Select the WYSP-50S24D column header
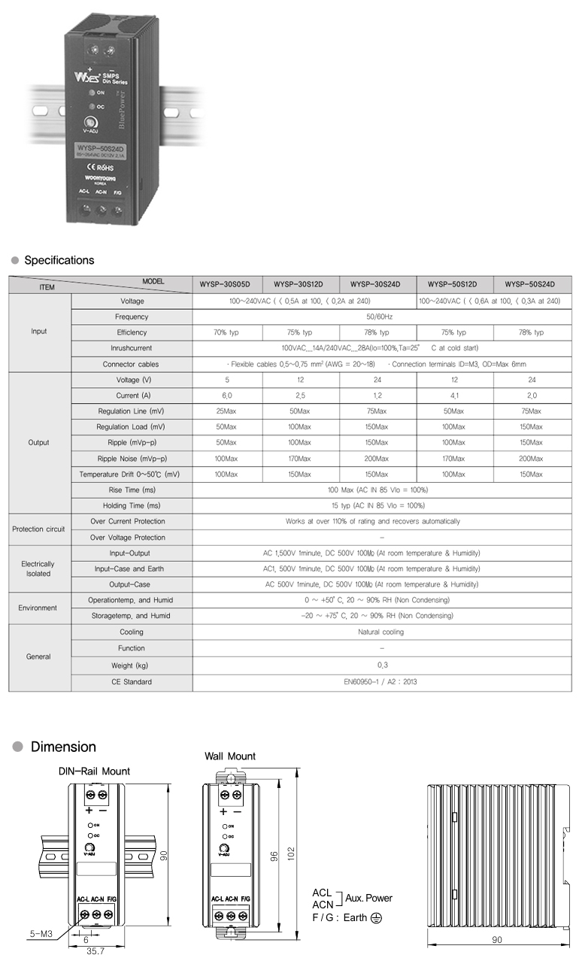point(530,285)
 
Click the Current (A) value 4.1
point(453,396)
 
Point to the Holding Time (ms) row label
point(132,506)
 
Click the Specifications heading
point(59,260)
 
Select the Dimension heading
point(63,747)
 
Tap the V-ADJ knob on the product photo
point(90,123)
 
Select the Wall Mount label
point(230,756)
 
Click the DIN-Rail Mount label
point(94,771)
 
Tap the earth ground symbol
point(376,918)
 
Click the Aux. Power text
point(368,898)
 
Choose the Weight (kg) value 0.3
point(381,665)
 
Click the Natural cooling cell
point(381,632)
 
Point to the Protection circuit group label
point(39,529)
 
